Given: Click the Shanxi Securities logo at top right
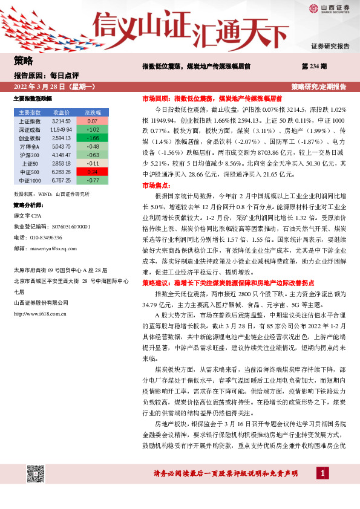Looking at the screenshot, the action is click(329, 8).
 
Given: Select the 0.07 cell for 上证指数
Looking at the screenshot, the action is click(93, 122).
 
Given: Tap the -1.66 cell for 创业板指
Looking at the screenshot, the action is click(93, 138).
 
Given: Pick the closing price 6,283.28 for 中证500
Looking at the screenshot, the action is click(62, 172).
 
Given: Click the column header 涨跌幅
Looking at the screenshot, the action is click(93, 112).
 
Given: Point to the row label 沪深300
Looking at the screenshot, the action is click(30, 155).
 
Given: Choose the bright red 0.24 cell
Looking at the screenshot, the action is click(93, 172).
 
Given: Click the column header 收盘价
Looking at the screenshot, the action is click(62, 112).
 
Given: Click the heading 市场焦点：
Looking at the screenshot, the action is click(155, 185).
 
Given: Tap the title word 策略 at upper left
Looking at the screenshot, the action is click(23, 60).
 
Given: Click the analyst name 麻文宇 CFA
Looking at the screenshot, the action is click(30, 215).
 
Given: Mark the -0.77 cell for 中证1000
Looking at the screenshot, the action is click(93, 180).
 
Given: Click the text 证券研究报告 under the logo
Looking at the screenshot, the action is click(330, 46).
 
